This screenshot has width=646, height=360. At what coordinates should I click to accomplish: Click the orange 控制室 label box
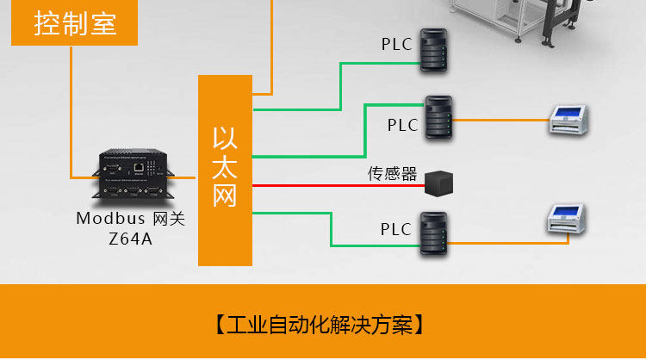pyautogui.click(x=75, y=23)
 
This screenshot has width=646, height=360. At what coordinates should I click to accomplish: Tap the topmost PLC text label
pyautogui.click(x=397, y=43)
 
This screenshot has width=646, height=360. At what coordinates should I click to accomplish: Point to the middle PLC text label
pyautogui.click(x=402, y=125)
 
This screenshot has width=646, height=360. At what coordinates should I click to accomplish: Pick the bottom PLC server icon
pyautogui.click(x=433, y=233)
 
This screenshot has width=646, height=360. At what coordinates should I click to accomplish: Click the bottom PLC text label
pyautogui.click(x=396, y=230)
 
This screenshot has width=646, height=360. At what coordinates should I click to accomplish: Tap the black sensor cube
pyautogui.click(x=438, y=181)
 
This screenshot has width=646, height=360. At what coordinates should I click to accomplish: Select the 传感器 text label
pyautogui.click(x=392, y=175)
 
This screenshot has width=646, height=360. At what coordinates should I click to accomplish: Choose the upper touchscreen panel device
pyautogui.click(x=571, y=121)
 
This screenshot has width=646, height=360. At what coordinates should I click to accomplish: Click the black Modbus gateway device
pyautogui.click(x=131, y=176)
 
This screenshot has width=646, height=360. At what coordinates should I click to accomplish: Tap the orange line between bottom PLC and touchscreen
pyautogui.click(x=500, y=243)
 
